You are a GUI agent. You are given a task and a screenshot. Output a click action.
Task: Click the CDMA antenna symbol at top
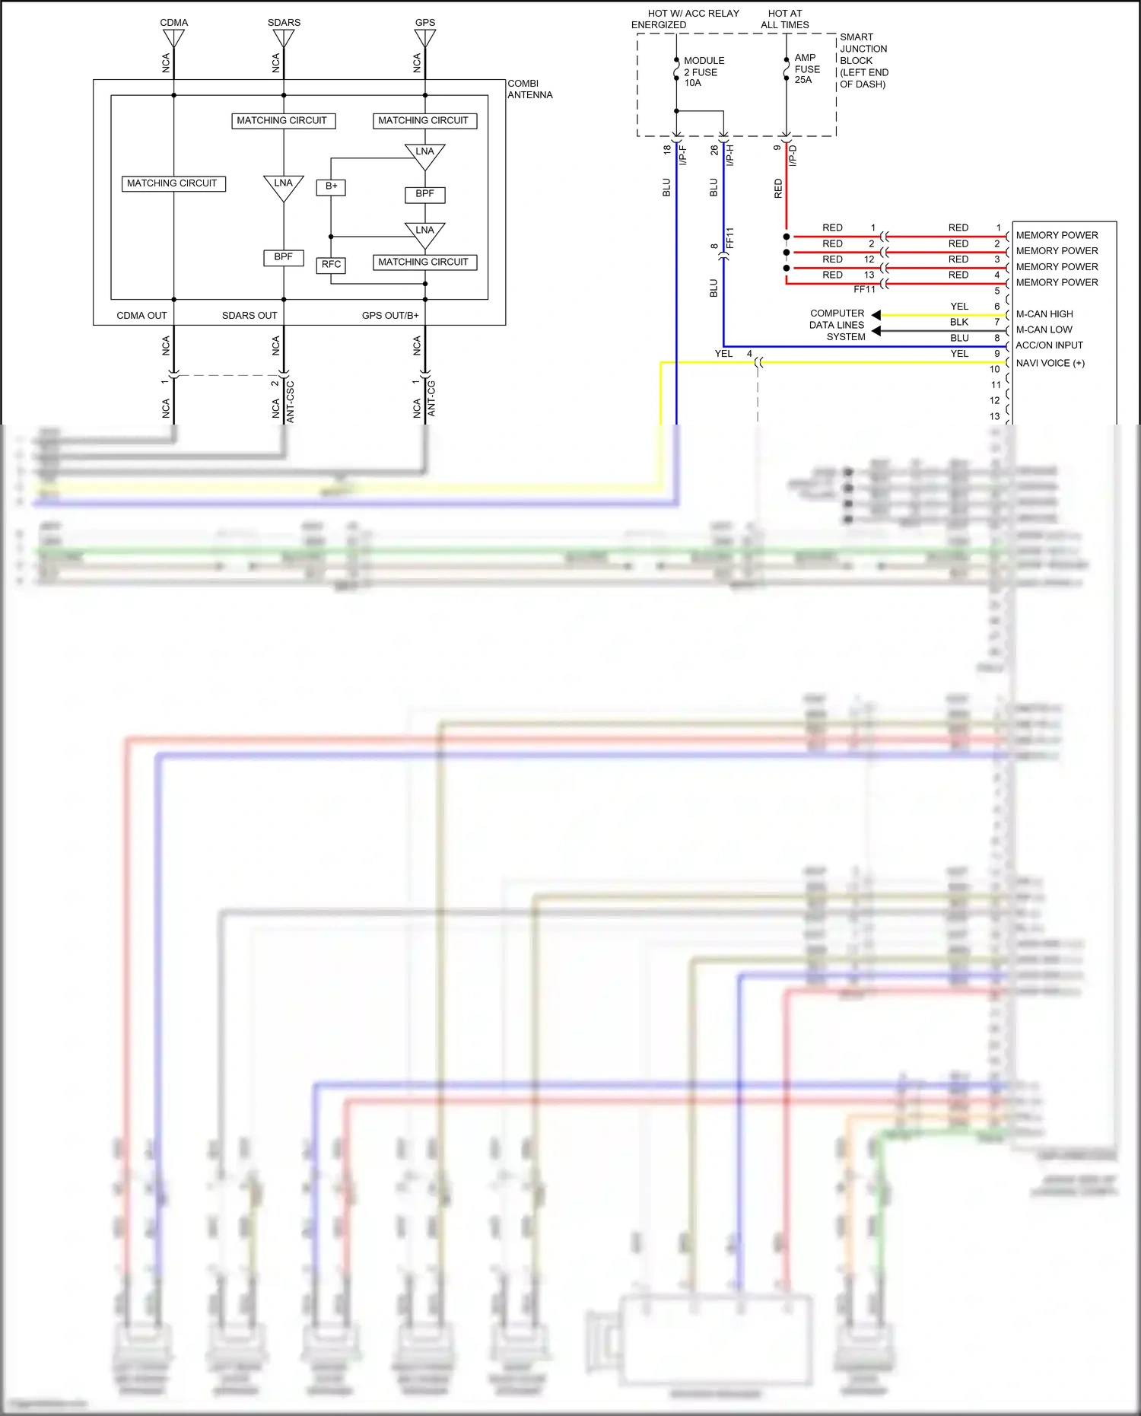(x=173, y=37)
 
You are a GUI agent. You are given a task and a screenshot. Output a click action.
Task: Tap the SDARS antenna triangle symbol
(x=284, y=37)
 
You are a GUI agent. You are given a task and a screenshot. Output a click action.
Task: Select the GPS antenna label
(x=425, y=22)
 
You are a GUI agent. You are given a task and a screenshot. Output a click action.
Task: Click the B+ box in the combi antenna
(x=331, y=186)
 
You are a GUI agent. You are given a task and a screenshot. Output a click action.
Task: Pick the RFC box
(x=331, y=265)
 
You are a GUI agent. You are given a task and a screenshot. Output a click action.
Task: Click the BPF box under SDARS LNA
(x=283, y=257)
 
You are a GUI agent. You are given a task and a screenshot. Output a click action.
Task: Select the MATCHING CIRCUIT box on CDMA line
(x=173, y=183)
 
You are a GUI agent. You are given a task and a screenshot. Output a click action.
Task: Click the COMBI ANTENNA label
(x=529, y=89)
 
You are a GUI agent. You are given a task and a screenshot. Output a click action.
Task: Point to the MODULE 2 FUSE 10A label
(x=704, y=72)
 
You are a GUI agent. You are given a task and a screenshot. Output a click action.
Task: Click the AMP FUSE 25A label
(x=806, y=68)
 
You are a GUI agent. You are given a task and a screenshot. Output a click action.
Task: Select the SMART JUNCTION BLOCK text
(x=863, y=60)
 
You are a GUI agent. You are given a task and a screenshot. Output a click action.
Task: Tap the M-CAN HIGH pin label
(x=1044, y=314)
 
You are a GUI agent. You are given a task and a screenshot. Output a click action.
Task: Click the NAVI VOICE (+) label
(x=1050, y=363)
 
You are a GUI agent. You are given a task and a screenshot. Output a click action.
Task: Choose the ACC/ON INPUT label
(x=1049, y=345)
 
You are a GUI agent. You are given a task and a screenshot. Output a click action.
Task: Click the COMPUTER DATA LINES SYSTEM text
(x=837, y=325)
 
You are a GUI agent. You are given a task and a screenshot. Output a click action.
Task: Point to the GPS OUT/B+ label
(x=390, y=316)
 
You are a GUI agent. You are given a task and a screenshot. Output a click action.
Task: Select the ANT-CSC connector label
(x=290, y=402)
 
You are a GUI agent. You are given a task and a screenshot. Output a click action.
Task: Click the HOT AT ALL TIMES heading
(x=785, y=19)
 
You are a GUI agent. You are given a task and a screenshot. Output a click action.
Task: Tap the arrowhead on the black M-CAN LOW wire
(x=876, y=330)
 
